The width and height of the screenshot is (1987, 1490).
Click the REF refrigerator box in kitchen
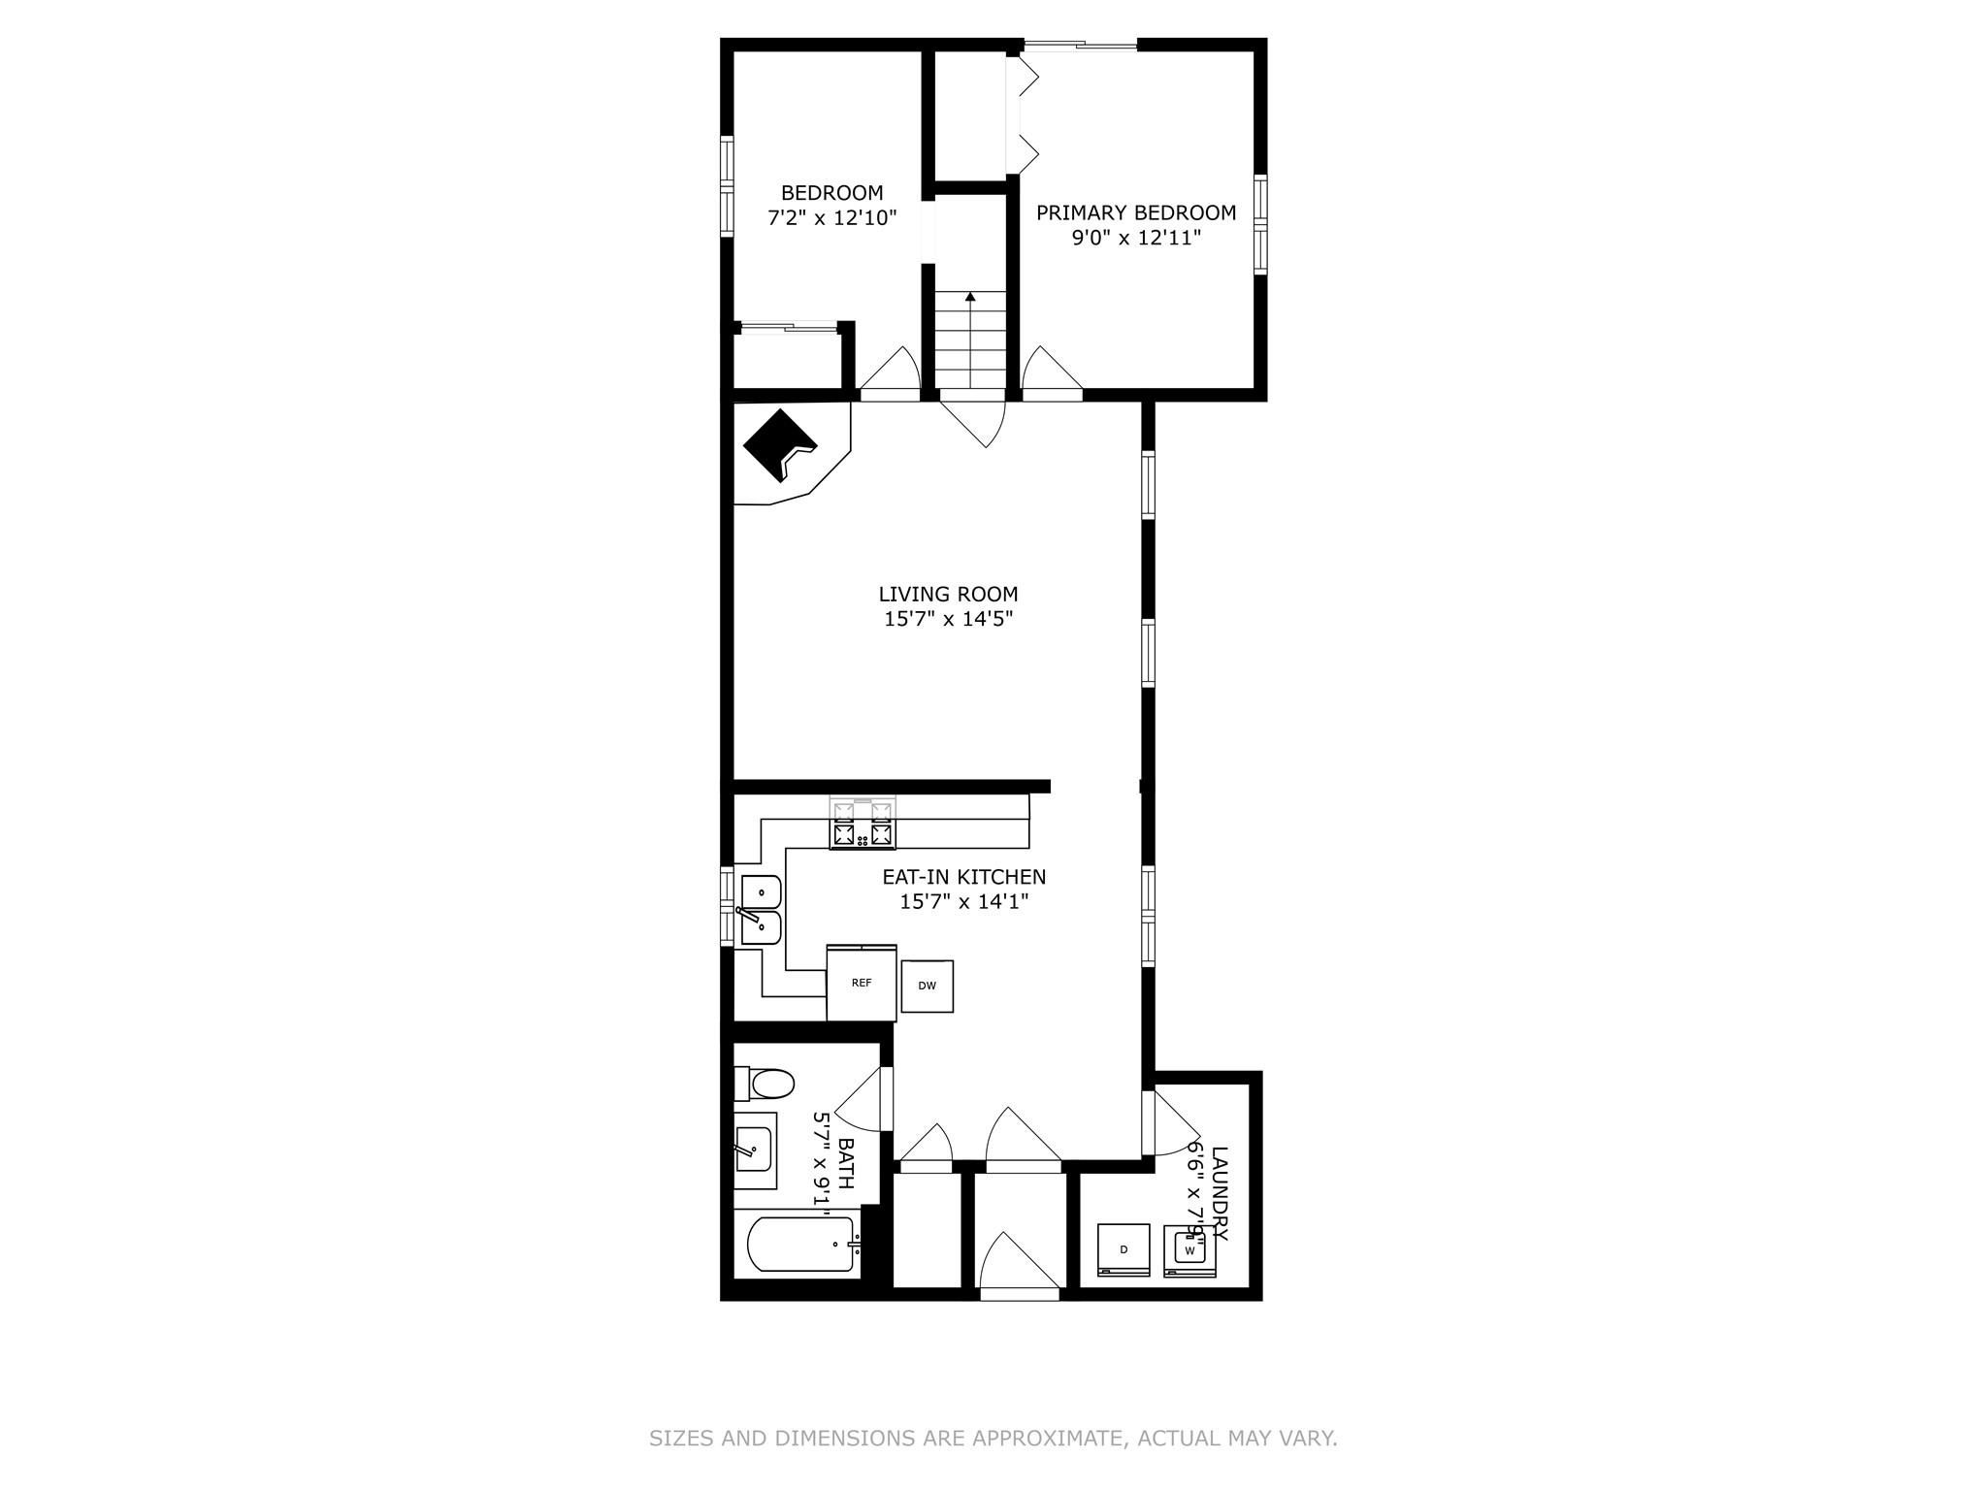coord(862,983)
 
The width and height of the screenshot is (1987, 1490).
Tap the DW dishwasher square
coord(927,986)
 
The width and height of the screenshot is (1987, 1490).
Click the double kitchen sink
coord(761,909)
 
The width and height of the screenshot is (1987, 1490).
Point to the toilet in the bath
coord(766,1083)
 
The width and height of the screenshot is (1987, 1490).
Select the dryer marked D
coord(1124,1249)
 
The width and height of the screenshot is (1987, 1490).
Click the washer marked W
coord(1189,1249)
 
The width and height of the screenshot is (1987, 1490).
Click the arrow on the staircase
coord(970,297)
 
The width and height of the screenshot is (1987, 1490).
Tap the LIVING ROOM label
coord(948,594)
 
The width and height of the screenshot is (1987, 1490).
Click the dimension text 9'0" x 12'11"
coord(1136,238)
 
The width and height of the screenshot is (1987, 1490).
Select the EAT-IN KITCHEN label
coord(963,877)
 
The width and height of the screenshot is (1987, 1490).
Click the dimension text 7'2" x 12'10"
coord(831,218)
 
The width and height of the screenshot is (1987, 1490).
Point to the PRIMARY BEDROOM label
coord(1136,212)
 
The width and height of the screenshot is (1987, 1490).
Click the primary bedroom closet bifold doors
coord(1024,115)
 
